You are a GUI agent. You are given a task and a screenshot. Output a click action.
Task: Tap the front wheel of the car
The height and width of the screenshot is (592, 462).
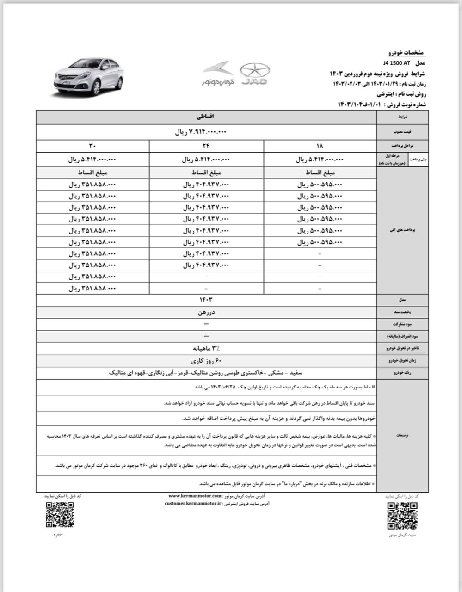pyautogui.click(x=97, y=88)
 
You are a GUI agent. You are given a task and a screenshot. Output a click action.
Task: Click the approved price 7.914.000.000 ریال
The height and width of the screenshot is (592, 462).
pyautogui.click(x=201, y=132)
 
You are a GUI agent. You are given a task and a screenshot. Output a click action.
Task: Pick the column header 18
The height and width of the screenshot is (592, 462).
pyautogui.click(x=320, y=147)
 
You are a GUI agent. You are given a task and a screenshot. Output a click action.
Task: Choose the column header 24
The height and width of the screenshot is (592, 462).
pyautogui.click(x=206, y=147)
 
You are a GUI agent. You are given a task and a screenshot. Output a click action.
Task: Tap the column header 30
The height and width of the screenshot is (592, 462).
pyautogui.click(x=92, y=147)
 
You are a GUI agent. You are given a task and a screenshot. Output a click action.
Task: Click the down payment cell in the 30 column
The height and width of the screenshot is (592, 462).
pyautogui.click(x=92, y=160)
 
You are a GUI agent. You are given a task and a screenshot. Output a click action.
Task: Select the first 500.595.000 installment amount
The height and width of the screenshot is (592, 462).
pyautogui.click(x=320, y=184)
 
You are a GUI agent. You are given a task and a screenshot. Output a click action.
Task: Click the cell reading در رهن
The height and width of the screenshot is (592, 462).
pyautogui.click(x=206, y=313)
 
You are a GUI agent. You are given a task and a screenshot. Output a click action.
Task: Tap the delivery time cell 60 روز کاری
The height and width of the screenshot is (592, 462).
pyautogui.click(x=206, y=360)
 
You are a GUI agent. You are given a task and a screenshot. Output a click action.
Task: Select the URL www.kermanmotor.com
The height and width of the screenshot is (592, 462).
pyautogui.click(x=195, y=496)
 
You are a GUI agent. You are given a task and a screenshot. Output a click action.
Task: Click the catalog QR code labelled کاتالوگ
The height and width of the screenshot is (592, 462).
pyautogui.click(x=60, y=514)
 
